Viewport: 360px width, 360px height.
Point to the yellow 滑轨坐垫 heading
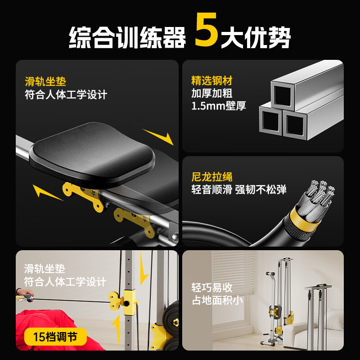pos(45,82)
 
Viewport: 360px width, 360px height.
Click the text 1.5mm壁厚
pos(219,107)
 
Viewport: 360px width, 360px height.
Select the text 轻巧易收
pos(212,288)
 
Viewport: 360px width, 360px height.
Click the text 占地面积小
pos(218,300)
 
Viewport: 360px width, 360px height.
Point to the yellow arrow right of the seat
pos(158,136)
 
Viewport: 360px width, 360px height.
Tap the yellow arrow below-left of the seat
pos(47,192)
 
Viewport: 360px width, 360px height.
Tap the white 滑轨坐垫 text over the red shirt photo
pos(45,269)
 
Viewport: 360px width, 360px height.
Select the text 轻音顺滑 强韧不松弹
pos(238,189)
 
